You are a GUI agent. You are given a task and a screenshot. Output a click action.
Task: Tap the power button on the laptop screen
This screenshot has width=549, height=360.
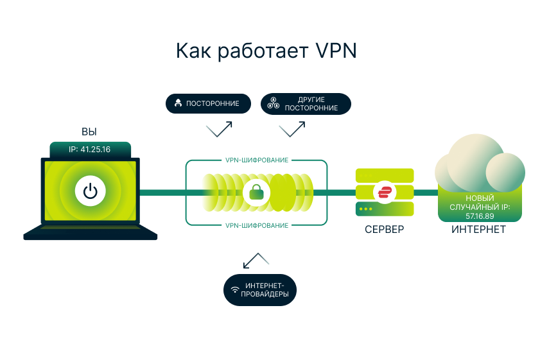coord(90,191)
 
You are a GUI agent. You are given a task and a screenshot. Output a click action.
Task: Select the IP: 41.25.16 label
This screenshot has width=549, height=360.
coord(90,150)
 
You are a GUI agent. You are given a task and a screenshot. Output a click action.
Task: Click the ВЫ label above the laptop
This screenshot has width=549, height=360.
coord(89,132)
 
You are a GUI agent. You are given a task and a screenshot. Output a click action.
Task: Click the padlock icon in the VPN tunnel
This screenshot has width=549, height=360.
coord(257,191)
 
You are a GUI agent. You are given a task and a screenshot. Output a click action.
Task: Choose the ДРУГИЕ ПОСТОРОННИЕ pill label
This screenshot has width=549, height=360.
coord(306,104)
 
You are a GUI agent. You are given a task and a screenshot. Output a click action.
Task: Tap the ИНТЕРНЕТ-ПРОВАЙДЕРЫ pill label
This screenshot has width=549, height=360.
coord(260,290)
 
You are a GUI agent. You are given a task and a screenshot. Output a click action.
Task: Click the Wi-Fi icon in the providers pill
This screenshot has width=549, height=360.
coord(236,290)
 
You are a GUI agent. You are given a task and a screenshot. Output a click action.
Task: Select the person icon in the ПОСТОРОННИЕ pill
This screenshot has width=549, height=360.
coord(178,103)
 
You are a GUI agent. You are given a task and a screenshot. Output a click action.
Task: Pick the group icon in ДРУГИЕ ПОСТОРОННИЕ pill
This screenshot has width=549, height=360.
coord(272,103)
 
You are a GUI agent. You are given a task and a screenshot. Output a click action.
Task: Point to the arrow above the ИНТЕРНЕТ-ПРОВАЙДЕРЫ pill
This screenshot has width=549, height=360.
coord(256,260)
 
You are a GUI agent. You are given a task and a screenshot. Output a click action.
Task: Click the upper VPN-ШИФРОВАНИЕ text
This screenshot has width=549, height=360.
coord(256,160)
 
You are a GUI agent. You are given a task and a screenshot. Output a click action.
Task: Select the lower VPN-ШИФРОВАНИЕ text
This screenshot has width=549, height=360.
coord(256,225)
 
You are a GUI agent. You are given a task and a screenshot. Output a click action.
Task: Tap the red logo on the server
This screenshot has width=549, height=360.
coord(385,191)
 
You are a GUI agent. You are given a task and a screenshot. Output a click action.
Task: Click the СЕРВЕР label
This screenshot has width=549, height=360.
coord(384,229)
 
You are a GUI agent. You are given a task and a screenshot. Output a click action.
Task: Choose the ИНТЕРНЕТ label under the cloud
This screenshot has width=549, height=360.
coord(478,229)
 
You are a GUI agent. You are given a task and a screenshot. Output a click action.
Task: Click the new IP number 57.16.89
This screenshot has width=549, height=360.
coord(479,215)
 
